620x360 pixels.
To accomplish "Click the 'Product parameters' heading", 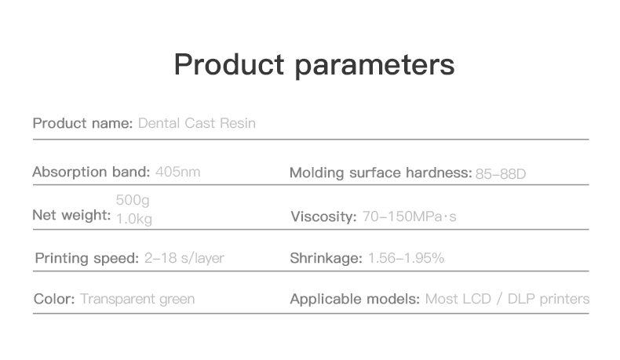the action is (315, 65).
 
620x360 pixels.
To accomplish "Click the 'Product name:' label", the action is (82, 123).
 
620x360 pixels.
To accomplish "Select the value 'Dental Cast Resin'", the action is (197, 123).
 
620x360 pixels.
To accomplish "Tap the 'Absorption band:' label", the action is (91, 173).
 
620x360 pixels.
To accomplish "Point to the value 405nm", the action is (178, 172).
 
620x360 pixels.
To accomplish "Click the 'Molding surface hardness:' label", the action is (381, 173).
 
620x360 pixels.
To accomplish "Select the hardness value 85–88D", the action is (501, 174).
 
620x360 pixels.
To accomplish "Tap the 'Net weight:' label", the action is (71, 216).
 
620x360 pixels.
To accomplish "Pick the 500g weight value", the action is (133, 200).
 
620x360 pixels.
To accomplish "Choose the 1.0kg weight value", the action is (134, 219).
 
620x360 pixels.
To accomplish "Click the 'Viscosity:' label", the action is (323, 216).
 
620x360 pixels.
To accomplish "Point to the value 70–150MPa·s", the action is (409, 216).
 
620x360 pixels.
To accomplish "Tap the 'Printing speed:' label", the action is (87, 259).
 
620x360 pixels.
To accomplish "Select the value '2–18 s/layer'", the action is (184, 259).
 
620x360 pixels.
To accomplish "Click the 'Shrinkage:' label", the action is (326, 259).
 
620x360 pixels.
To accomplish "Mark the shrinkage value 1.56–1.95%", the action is (406, 259).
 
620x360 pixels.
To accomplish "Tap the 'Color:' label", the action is (54, 299).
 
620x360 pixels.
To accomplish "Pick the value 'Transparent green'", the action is (137, 300).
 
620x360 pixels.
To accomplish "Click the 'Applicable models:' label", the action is (355, 300).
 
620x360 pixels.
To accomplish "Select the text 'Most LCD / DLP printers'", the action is (507, 300).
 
